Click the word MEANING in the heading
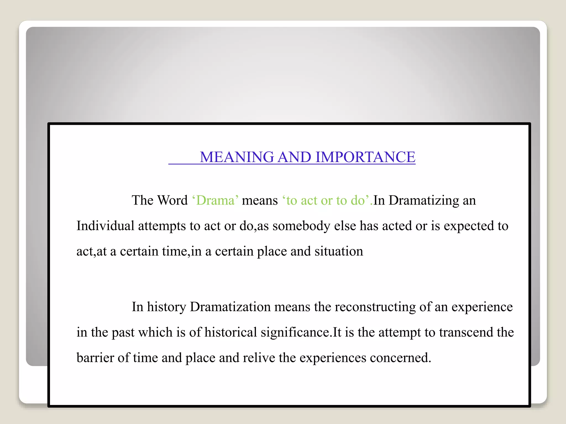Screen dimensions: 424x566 [x=237, y=157]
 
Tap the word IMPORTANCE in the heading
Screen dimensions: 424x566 [x=365, y=157]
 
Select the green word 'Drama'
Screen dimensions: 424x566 [x=215, y=200]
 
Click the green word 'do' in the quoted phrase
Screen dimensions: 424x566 [x=358, y=200]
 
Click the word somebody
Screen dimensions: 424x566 [x=302, y=226]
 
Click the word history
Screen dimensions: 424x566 [x=166, y=307]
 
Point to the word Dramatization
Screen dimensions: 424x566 [x=230, y=307]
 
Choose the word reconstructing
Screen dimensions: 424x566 [x=375, y=307]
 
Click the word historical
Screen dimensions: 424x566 [x=231, y=332]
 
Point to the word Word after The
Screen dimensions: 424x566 [x=172, y=200]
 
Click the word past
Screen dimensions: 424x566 [x=123, y=332]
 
